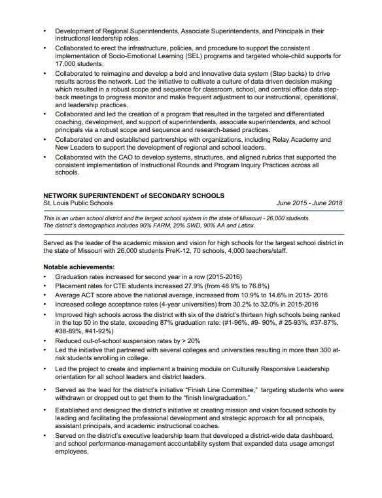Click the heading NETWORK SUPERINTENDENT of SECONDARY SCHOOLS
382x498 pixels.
(x=133, y=195)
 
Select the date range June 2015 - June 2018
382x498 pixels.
(x=309, y=203)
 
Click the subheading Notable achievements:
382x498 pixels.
(x=78, y=267)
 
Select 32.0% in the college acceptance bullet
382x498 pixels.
(x=260, y=305)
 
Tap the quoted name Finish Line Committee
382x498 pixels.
(x=220, y=390)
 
